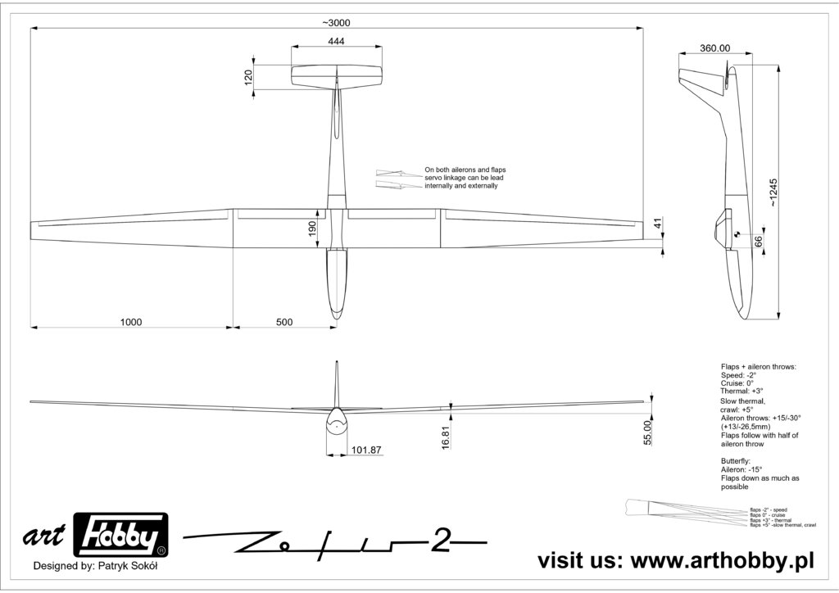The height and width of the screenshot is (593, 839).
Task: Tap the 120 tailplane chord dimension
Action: pos(248,78)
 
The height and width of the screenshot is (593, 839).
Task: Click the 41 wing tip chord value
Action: pos(657,223)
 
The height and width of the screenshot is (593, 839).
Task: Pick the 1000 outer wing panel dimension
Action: pos(131,322)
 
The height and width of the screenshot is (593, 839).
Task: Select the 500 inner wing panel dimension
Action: pos(283,322)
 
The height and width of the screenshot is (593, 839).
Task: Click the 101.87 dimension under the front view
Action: pos(366,450)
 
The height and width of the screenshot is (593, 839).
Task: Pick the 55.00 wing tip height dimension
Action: pos(647,432)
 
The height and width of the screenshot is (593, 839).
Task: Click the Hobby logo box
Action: pos(121,536)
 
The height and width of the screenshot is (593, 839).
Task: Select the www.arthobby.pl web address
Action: pos(721,560)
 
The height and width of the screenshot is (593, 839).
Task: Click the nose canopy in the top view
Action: pos(337,283)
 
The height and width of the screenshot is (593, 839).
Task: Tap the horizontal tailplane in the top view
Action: pos(337,77)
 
